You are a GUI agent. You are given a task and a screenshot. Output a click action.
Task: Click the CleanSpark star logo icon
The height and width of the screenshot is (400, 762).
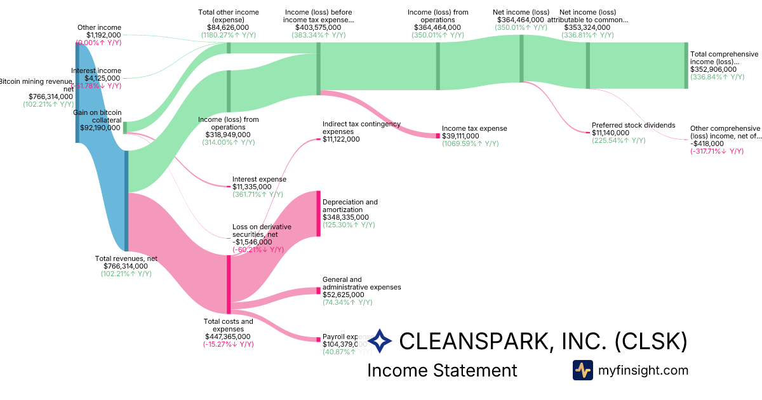coord(380,341)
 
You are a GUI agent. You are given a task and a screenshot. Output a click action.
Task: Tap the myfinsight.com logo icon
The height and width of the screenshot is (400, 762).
coord(582,370)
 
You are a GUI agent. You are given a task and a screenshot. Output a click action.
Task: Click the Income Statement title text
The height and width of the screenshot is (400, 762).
coord(442,370)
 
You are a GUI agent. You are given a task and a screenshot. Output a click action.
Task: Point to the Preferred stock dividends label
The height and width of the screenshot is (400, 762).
coord(633,125)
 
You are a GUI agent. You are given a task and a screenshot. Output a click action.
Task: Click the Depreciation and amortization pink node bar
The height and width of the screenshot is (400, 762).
coord(318,213)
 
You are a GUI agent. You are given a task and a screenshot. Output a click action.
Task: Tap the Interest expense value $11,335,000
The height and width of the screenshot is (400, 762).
coord(257,187)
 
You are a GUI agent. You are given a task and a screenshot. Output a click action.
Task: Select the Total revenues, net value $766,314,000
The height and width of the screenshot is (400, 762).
coord(126,266)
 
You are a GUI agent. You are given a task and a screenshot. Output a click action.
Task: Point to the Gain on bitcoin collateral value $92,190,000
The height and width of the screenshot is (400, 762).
coord(100,127)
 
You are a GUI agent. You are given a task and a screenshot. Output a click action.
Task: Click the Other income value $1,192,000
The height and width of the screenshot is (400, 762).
coord(104,35)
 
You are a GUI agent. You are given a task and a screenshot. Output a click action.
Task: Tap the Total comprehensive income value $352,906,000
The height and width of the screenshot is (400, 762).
coord(713,69)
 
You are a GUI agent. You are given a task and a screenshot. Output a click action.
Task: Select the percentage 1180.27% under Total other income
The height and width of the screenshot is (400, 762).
coord(229,35)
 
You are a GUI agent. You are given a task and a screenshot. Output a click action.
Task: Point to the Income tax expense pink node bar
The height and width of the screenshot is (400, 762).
coord(438,136)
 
